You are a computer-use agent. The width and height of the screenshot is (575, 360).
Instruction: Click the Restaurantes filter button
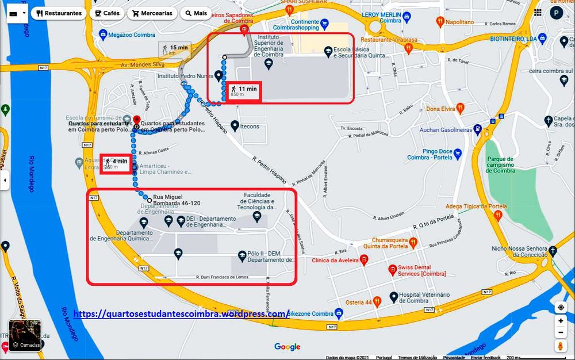coord(58,13)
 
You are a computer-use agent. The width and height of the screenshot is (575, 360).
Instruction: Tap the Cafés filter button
coord(107,13)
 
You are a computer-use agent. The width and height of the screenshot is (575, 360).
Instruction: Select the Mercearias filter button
coord(152,13)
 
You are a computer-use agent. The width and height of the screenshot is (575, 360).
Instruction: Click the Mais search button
coord(195,13)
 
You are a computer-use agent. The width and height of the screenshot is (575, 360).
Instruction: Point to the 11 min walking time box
coord(244,92)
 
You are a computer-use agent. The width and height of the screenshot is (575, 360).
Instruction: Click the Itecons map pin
coord(235,126)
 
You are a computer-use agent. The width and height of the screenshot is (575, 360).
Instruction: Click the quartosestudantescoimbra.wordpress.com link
coord(182,314)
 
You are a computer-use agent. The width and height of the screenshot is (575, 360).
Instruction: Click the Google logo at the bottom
coord(287,347)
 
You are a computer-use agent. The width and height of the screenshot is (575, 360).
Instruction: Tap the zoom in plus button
coord(561,321)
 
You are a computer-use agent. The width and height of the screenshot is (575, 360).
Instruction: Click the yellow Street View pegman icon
coord(561,346)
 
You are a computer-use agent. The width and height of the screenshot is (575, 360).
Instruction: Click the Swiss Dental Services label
coord(417,270)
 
